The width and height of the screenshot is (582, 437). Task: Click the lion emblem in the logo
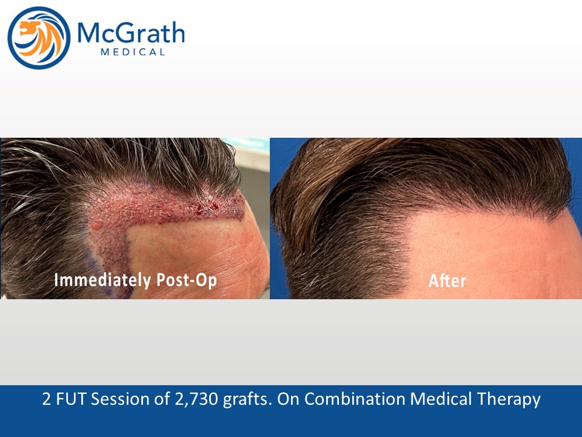[x=39, y=38]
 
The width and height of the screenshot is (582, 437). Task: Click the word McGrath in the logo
[x=131, y=33]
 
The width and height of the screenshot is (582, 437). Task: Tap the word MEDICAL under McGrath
[x=133, y=52]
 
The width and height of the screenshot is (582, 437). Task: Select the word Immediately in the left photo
[x=102, y=280]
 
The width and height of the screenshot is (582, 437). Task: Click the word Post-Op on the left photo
[x=186, y=280]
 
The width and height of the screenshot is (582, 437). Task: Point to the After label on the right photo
[x=447, y=280]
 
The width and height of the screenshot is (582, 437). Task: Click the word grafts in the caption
[x=247, y=400]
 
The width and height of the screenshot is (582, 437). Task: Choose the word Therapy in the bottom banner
[x=509, y=400]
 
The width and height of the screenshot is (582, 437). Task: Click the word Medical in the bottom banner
[x=441, y=399]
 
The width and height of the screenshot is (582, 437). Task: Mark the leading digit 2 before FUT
[x=47, y=399]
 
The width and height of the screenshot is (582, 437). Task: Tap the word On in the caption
[x=289, y=399]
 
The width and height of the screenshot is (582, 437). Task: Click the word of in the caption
[x=161, y=399]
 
